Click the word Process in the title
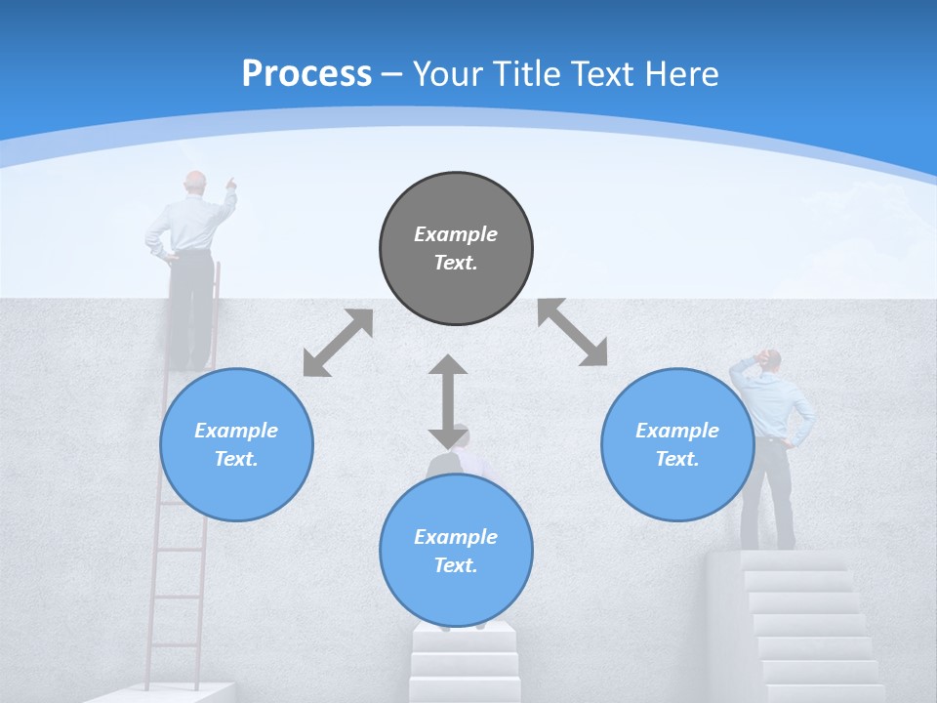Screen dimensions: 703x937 306,73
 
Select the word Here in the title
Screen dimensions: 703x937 682,73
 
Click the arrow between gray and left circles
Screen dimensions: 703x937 338,343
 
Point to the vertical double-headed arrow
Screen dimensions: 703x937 448,400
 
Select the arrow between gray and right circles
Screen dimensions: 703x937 573,332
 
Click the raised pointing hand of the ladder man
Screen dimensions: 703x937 230,182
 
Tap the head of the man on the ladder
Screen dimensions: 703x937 196,182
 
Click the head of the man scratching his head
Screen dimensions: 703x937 771,360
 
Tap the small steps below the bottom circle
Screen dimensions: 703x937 464,659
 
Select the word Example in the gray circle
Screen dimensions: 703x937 456,234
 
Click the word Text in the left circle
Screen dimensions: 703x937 235,459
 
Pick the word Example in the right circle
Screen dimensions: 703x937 677,431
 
